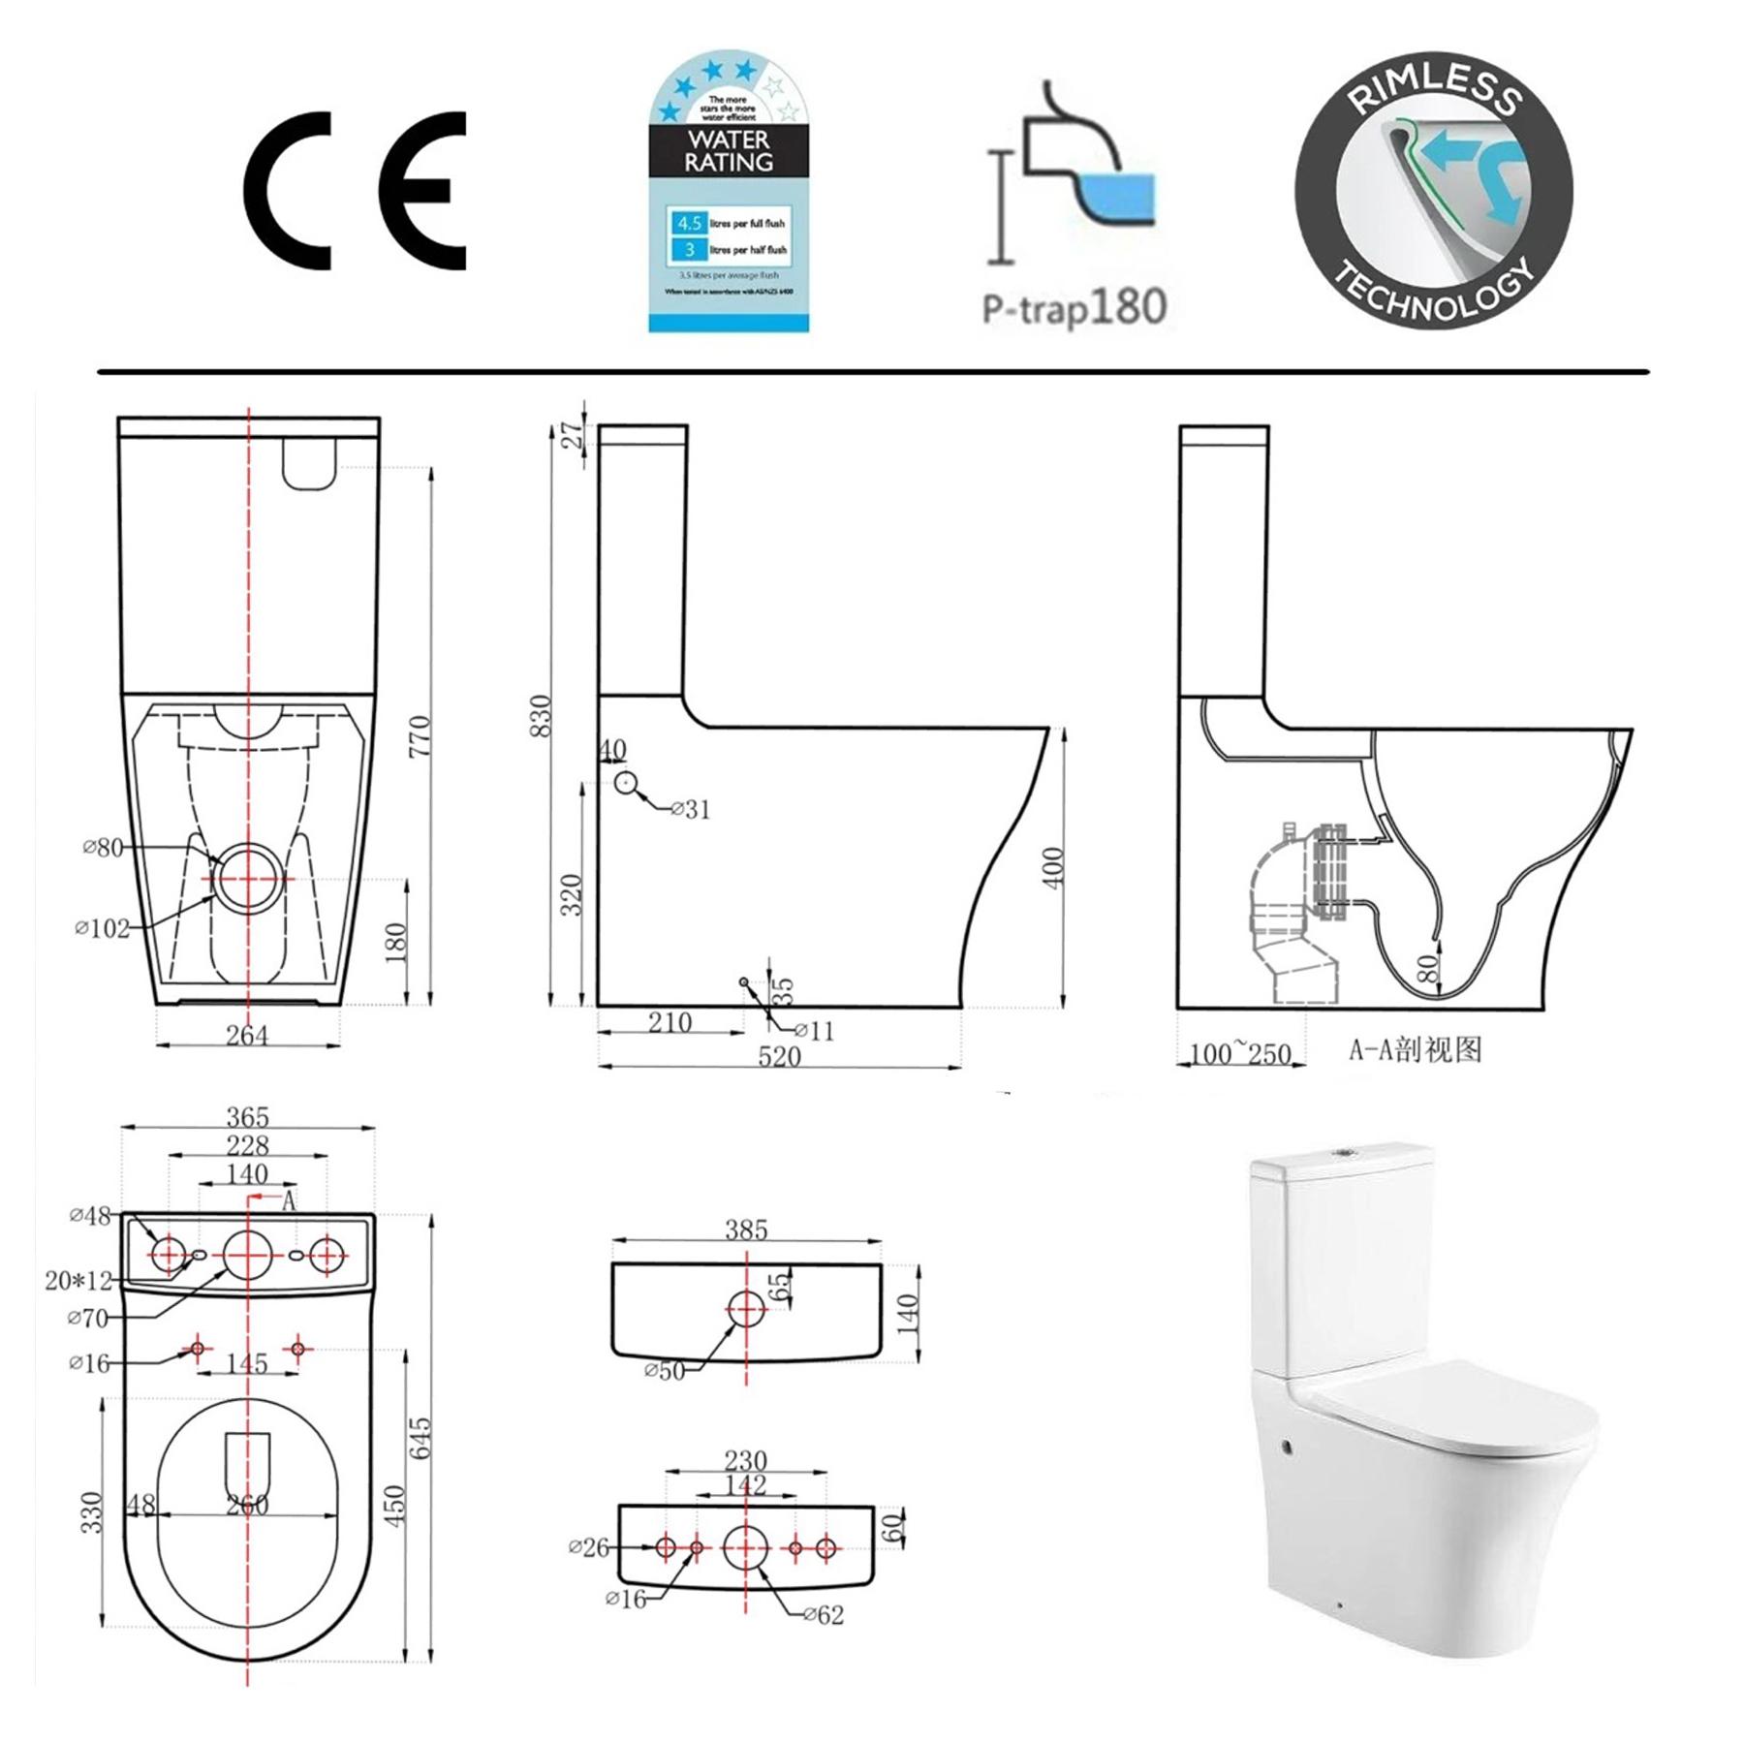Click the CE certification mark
pos(355,191)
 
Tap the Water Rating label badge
pos(729,194)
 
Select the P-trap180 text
pos(1074,308)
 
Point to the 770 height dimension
pos(420,736)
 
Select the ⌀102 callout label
pos(103,928)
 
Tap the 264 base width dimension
pos(247,1035)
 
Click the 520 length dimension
pos(779,1056)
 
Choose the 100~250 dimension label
pos(1240,1053)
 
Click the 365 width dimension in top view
pos(247,1117)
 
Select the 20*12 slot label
pos(78,1280)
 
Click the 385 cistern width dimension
pos(746,1230)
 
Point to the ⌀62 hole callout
pos(823,1614)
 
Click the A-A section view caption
pos(1416,1049)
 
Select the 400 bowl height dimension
pos(1055,865)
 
